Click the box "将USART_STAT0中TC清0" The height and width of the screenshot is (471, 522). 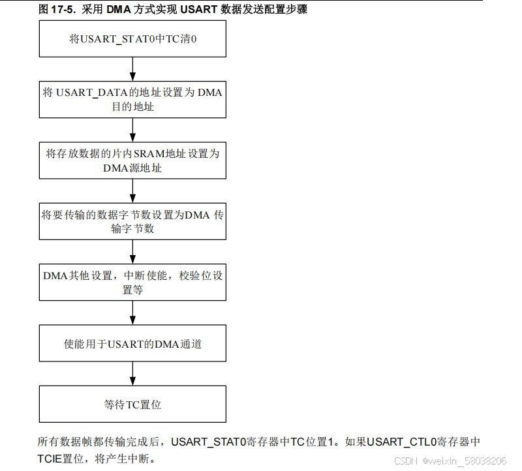pos(132,38)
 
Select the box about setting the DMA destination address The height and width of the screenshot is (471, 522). pos(132,99)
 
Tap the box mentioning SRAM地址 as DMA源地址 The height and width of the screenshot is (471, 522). pos(132,160)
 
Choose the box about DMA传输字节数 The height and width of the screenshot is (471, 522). pos(132,221)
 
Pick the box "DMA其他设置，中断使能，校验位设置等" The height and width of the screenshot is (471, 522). pos(132,282)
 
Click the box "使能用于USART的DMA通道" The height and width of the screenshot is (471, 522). pos(132,343)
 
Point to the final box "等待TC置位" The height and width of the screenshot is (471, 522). pos(132,404)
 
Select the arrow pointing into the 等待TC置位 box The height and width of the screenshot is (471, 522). pos(132,374)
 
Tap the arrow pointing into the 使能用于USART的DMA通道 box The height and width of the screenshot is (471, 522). pos(132,313)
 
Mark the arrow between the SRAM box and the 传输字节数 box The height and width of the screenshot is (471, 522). pos(132,191)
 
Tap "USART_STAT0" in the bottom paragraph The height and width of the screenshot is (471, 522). pos(207,442)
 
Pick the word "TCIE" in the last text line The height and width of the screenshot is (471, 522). pos(50,459)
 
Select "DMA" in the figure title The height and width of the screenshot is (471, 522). pos(119,9)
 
